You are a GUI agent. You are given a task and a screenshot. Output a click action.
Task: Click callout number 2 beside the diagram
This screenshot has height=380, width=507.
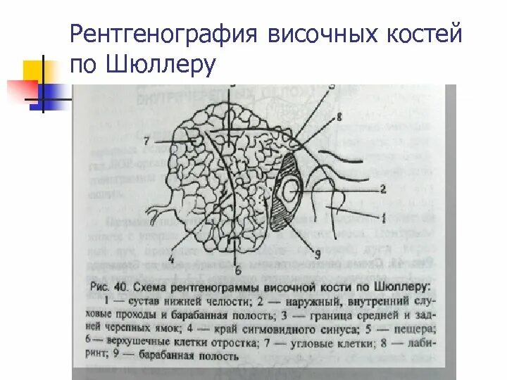(x=383, y=189)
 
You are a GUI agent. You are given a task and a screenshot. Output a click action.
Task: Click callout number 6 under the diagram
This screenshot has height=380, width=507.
(x=237, y=270)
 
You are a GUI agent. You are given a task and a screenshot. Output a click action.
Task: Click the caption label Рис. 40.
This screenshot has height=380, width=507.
(x=109, y=288)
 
